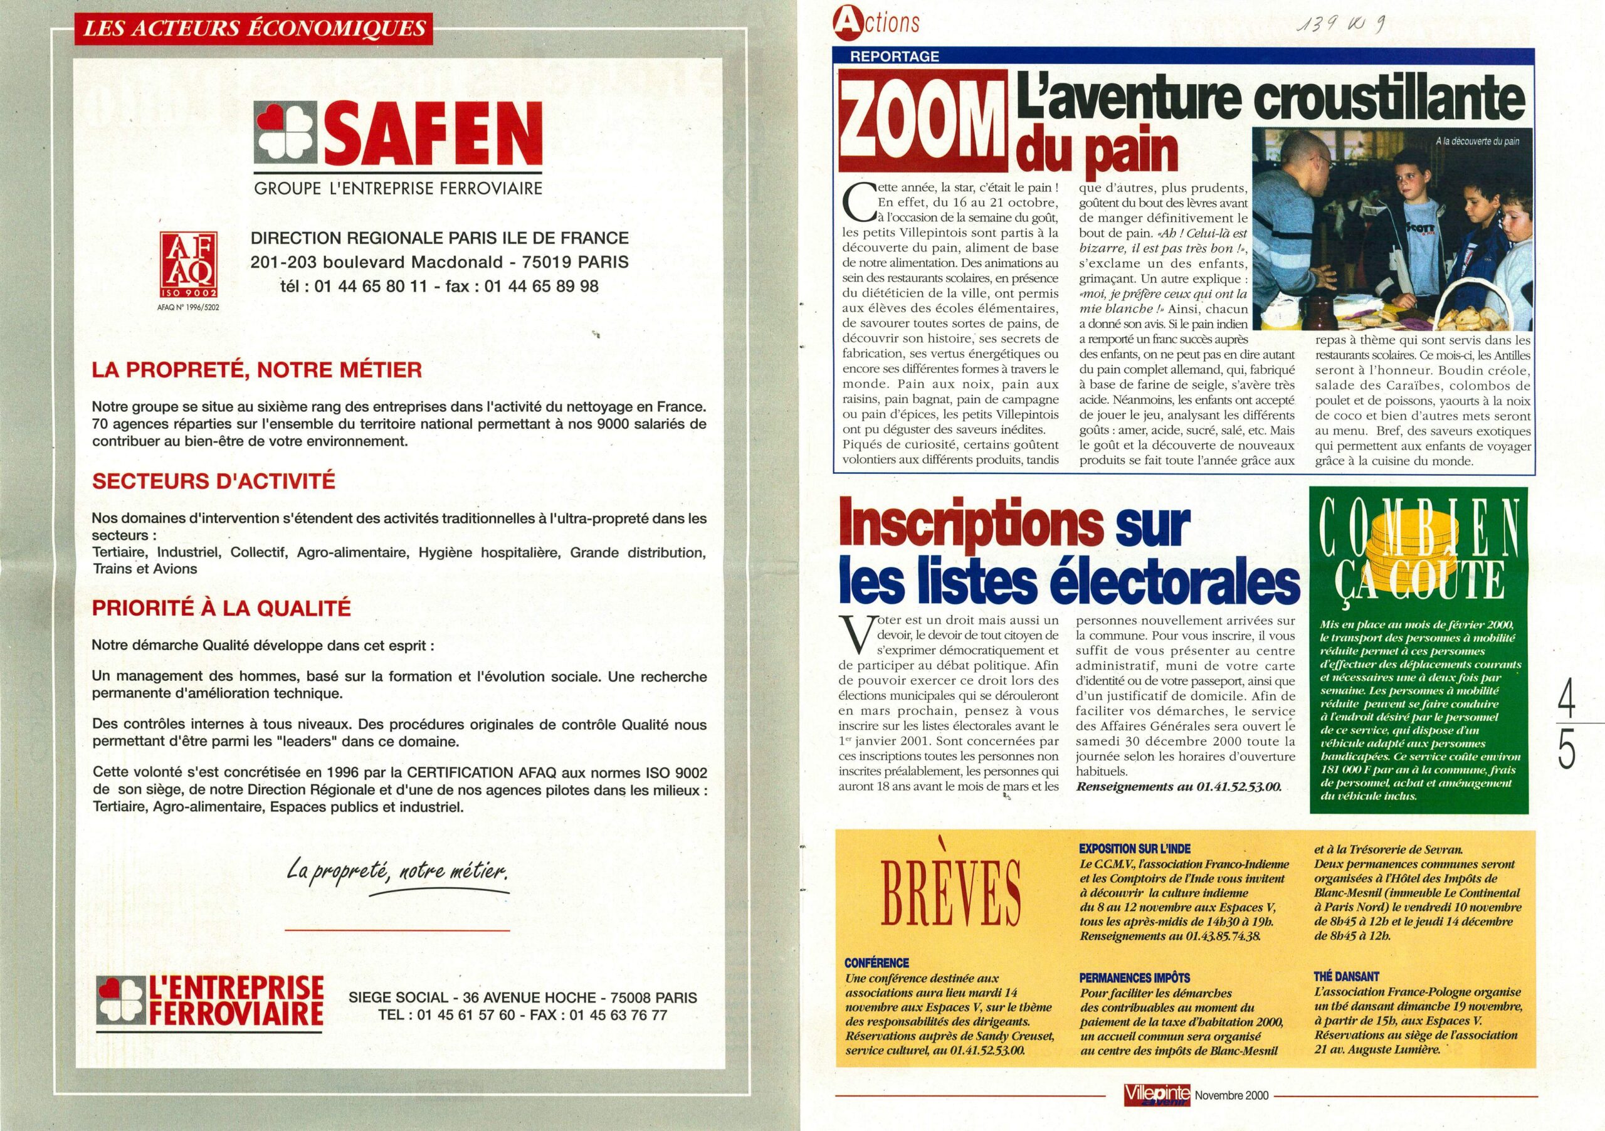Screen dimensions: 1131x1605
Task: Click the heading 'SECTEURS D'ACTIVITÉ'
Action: (x=214, y=481)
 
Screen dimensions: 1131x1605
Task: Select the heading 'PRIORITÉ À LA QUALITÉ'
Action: (x=221, y=608)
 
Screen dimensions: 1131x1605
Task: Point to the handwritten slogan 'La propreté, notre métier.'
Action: (x=397, y=871)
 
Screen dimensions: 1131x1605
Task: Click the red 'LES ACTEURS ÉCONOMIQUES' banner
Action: (x=255, y=29)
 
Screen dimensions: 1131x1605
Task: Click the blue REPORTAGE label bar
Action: (x=894, y=56)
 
